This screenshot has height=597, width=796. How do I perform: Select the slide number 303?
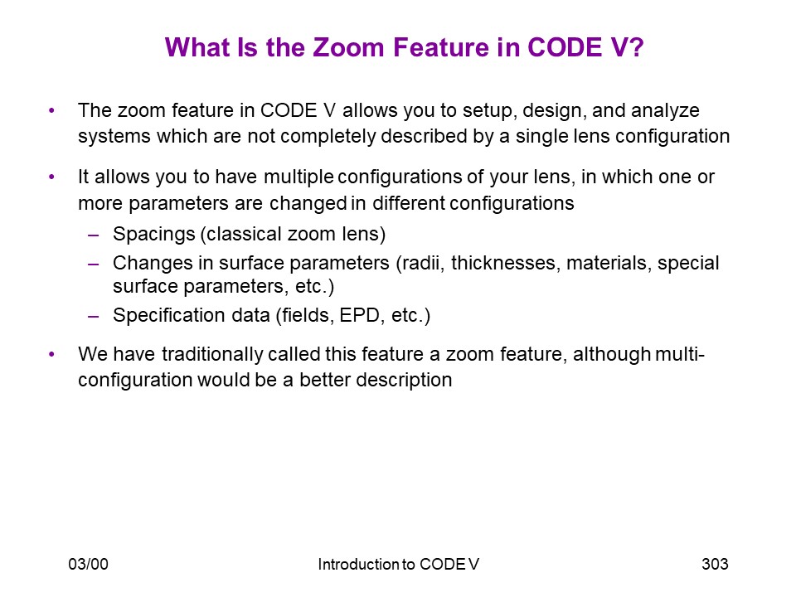point(715,564)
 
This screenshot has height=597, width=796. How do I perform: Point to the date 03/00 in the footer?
point(89,564)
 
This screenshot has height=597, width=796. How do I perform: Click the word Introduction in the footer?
point(358,564)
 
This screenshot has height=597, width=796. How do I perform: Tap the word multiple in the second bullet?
point(298,177)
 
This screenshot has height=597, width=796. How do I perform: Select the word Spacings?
point(154,235)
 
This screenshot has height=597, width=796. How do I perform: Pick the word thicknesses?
point(505,263)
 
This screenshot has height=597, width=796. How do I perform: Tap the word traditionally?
point(212,354)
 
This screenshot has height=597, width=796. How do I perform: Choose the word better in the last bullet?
point(325,380)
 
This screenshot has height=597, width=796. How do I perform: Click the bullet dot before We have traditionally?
point(51,354)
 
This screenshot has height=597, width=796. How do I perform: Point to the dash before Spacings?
point(94,235)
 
